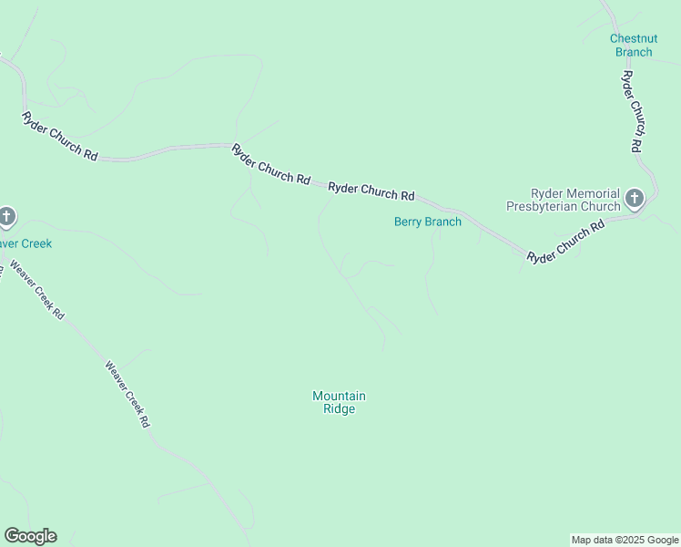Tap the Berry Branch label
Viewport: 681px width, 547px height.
point(427,222)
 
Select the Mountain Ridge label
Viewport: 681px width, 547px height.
point(339,402)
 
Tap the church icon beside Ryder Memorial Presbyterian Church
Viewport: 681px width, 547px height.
point(635,198)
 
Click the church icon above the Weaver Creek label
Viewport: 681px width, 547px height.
point(6,217)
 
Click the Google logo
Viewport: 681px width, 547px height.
point(30,536)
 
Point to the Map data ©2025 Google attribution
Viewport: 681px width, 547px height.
point(625,540)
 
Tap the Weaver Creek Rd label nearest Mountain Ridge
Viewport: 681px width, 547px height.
point(127,395)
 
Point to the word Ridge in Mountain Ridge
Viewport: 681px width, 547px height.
point(339,409)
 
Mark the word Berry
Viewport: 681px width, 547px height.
point(409,222)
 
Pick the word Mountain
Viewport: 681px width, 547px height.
point(339,396)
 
